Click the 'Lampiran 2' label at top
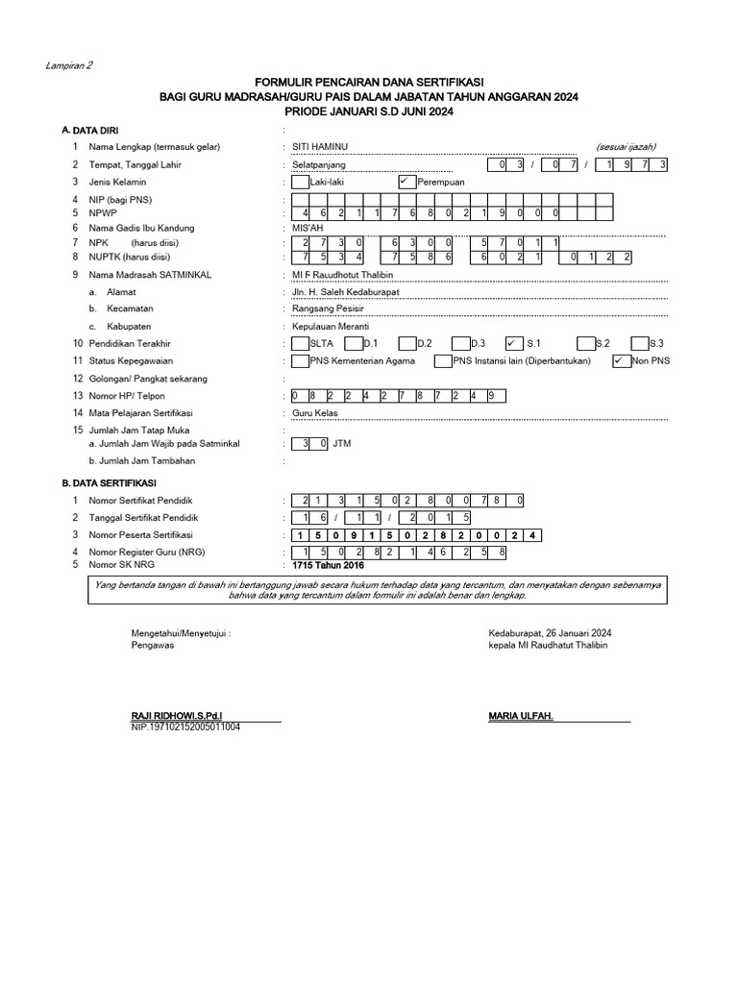69,66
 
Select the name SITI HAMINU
320,146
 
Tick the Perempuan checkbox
405,182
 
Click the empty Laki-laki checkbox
300,182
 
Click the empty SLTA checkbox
300,343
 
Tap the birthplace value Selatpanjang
318,164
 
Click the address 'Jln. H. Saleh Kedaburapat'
346,291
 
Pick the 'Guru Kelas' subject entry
315,413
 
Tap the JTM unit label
342,444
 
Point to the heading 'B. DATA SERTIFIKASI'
109,482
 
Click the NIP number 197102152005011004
185,727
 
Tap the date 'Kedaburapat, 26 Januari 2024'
550,633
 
